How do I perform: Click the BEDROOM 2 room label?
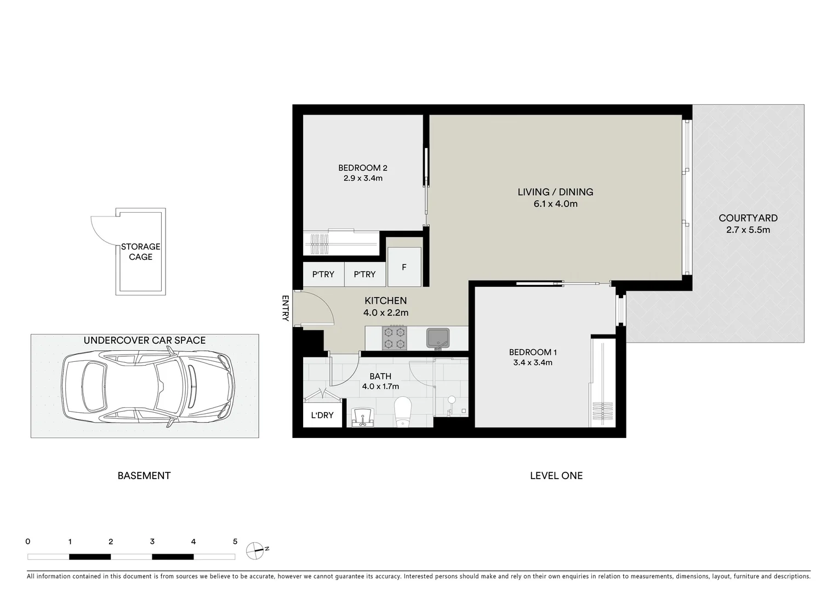pos(362,168)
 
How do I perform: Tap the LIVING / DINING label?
pos(555,192)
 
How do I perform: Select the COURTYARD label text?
pos(748,218)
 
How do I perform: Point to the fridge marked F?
pos(404,267)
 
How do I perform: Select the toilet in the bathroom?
pos(403,411)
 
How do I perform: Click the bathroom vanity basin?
pos(361,417)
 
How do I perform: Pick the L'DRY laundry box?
pos(322,415)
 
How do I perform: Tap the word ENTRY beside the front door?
pos(285,308)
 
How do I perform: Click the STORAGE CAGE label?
pos(140,252)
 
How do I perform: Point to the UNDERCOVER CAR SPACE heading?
pos(144,340)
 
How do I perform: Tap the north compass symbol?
pos(255,550)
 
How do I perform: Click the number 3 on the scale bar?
pos(152,542)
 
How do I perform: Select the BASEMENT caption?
pos(144,476)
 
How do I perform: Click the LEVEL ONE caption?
pos(556,476)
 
